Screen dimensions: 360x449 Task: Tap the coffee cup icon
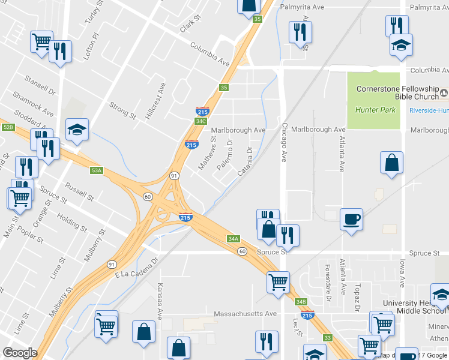[351, 219]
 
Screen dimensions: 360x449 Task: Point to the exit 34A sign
[234, 238]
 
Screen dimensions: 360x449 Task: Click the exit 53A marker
[97, 170]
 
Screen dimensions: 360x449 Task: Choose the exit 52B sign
[8, 127]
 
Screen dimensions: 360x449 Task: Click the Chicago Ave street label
[285, 143]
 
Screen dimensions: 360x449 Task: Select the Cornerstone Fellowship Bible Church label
[398, 93]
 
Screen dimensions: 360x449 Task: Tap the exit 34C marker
[201, 121]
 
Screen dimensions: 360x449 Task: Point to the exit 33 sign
[327, 338]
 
